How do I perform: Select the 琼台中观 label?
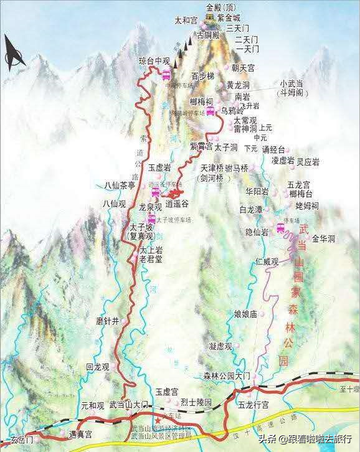tap(154, 62)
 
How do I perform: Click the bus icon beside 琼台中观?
tap(166, 75)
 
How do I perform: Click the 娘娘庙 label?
tap(245, 314)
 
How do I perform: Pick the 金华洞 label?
tap(324, 238)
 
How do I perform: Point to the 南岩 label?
tap(242, 97)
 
